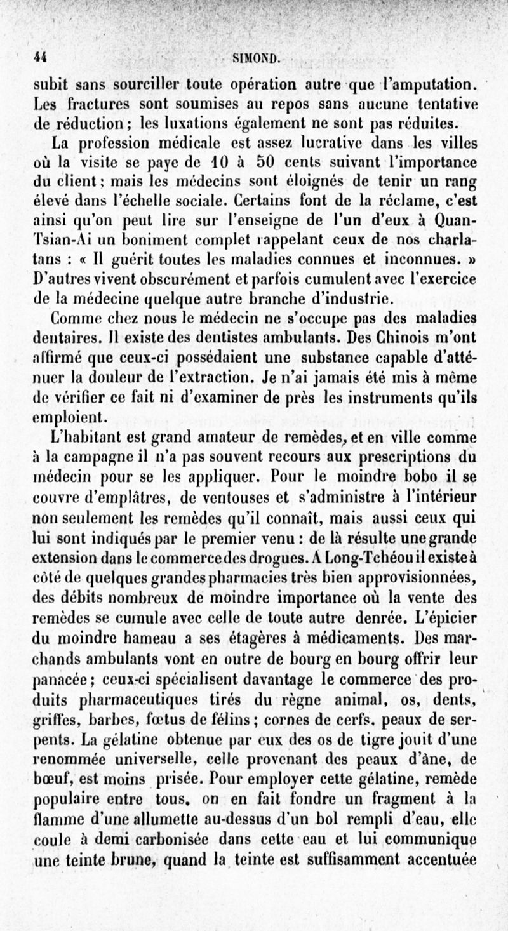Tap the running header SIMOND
tap(253, 60)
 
